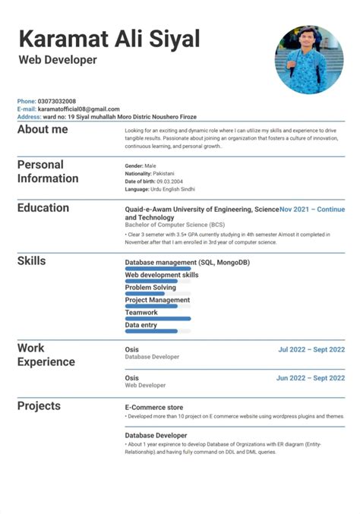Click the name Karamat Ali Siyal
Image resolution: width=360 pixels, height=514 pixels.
coord(109,39)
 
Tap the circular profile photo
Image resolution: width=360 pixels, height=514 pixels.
coord(308,60)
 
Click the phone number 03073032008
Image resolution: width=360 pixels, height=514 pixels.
coord(56,101)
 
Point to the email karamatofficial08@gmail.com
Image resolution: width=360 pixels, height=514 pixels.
coord(78,109)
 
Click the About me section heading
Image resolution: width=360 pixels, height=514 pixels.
coord(43,130)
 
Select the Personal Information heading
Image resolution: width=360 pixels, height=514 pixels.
coord(48,172)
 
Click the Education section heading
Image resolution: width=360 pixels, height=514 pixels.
coord(43,208)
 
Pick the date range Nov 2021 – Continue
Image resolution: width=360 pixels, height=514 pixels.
coord(312,209)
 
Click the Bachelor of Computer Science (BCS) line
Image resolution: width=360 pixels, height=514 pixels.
coord(175,225)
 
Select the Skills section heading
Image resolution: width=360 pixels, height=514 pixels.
coord(32,261)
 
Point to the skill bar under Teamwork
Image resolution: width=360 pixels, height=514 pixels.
coord(157,318)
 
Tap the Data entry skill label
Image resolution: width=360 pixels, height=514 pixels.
coord(142,325)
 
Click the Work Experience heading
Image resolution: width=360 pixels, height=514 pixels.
coord(46,355)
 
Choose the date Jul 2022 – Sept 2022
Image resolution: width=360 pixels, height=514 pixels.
coord(311,350)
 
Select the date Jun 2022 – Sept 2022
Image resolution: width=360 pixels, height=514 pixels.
coord(311,377)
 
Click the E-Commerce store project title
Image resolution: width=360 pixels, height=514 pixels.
coord(153,407)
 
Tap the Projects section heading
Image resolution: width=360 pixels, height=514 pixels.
coord(39,406)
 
